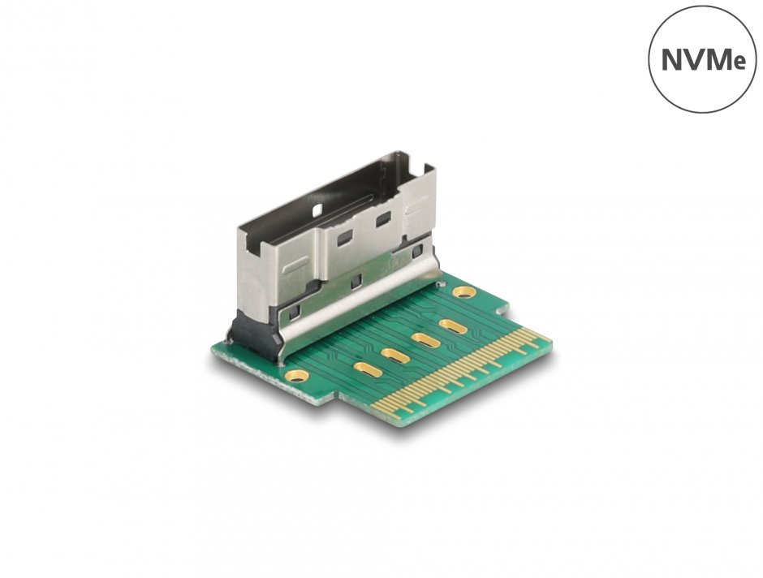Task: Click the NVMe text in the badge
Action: pyautogui.click(x=703, y=60)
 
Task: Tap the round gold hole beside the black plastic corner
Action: pyautogui.click(x=295, y=374)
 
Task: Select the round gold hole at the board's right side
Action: pyautogui.click(x=464, y=291)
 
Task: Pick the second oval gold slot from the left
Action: pyautogui.click(x=394, y=355)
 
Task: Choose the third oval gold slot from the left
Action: pyautogui.click(x=425, y=339)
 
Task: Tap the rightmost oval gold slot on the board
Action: pyautogui.click(x=452, y=326)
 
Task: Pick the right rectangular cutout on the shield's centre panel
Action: pyautogui.click(x=381, y=218)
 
